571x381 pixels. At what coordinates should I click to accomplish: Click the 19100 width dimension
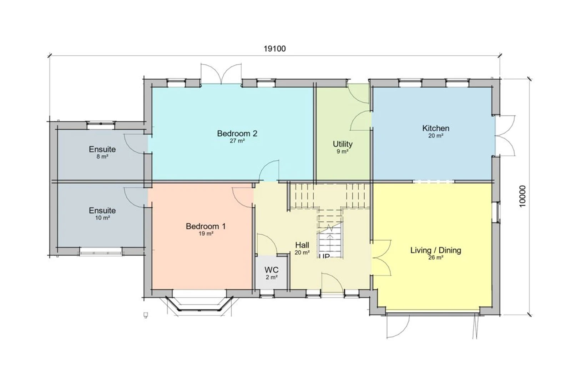pyautogui.click(x=274, y=49)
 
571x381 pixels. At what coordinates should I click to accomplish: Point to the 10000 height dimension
pyautogui.click(x=522, y=196)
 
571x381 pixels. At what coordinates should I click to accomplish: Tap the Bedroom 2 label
pyautogui.click(x=237, y=134)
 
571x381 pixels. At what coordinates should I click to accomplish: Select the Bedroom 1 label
pyautogui.click(x=206, y=226)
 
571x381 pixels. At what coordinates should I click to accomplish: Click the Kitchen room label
pyautogui.click(x=436, y=128)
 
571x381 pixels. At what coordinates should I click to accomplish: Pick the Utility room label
pyautogui.click(x=343, y=144)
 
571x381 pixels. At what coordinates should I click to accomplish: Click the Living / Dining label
pyautogui.click(x=436, y=250)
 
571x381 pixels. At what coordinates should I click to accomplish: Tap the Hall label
pyautogui.click(x=302, y=245)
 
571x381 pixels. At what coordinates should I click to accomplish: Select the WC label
pyautogui.click(x=272, y=270)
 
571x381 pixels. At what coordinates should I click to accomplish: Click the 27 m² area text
pyautogui.click(x=237, y=141)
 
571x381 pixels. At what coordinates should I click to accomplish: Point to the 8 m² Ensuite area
pyautogui.click(x=102, y=157)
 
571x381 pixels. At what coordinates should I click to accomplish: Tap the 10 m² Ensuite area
pyautogui.click(x=102, y=218)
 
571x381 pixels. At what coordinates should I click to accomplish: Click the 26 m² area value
pyautogui.click(x=436, y=257)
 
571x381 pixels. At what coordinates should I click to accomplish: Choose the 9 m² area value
pyautogui.click(x=343, y=151)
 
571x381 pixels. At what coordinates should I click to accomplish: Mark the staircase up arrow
pyautogui.click(x=330, y=244)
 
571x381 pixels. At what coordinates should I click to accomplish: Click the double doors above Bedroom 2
pyautogui.click(x=221, y=74)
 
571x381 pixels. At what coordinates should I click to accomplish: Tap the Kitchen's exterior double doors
pyautogui.click(x=505, y=135)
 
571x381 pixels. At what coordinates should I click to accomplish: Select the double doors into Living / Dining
pyautogui.click(x=381, y=257)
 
